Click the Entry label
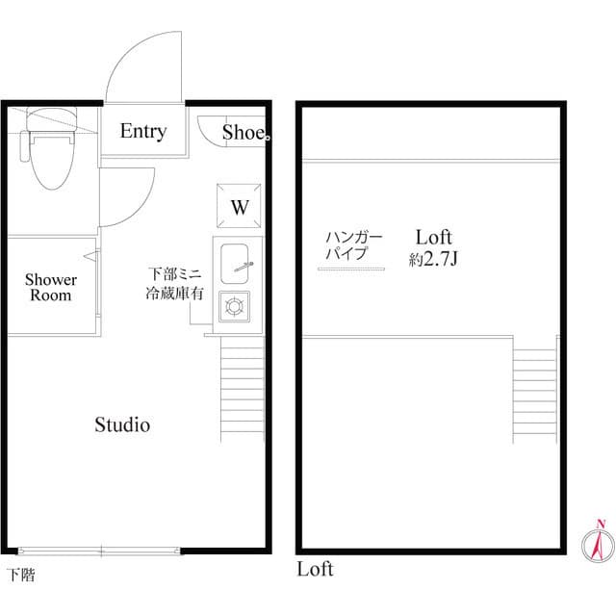(142, 131)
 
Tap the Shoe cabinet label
(244, 133)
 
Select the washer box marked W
(239, 206)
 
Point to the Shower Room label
(51, 288)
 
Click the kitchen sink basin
(237, 261)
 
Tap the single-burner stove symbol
(235, 307)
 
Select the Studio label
(122, 423)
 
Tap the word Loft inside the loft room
(434, 237)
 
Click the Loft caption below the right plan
(314, 569)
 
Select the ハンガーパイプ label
(352, 246)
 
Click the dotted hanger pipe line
(351, 270)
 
